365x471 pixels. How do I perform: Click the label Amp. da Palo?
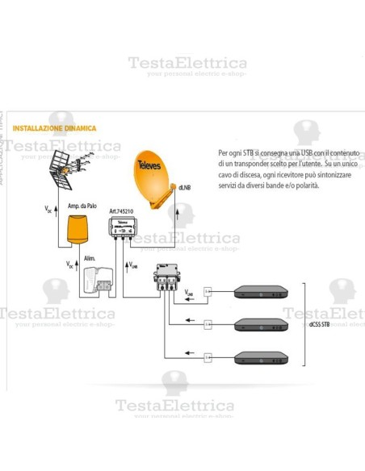point(82,206)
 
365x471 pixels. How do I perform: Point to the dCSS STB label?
point(319,324)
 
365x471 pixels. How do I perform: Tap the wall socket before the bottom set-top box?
point(208,357)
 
